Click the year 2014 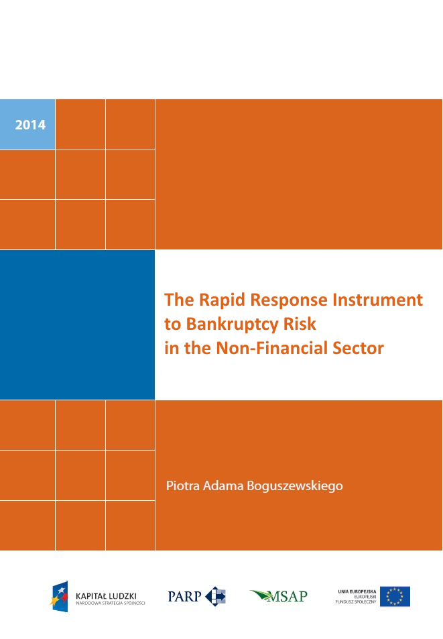[30, 125]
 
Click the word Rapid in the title [222, 300]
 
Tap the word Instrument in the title [377, 300]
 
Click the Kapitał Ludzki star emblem [59, 597]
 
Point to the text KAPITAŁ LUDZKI [106, 596]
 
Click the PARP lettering [184, 597]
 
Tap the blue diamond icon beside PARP [215, 597]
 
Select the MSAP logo [279, 597]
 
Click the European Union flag [395, 597]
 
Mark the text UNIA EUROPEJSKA [357, 591]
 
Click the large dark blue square [77, 325]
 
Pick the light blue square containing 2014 [27, 124]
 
